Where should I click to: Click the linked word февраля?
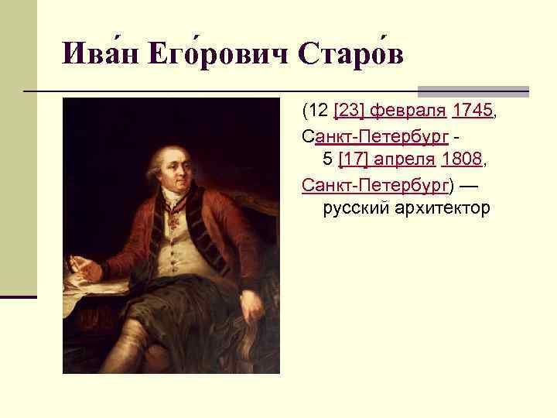408,111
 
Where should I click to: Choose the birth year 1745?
472,111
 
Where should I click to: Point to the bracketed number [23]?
349,111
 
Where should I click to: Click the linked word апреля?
408,159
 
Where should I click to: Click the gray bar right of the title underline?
473,91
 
